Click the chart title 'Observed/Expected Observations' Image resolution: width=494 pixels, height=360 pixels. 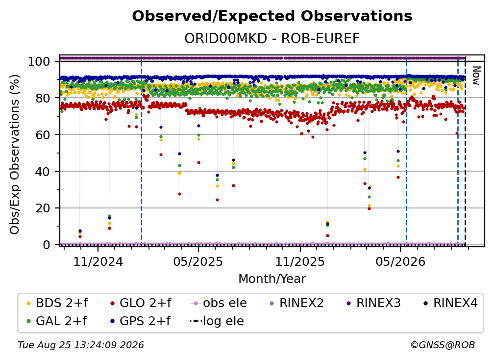[x=272, y=16]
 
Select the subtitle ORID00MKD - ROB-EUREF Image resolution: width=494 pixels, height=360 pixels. [x=272, y=38]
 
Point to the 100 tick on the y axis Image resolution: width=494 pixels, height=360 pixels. [x=39, y=61]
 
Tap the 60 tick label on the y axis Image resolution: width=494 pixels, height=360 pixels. [x=43, y=134]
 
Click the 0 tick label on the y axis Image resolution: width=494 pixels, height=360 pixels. [x=47, y=245]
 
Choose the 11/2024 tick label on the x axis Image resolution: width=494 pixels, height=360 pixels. [x=98, y=261]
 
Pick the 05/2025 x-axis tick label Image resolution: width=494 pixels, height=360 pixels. [x=198, y=261]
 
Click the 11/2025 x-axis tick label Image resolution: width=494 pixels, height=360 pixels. [x=300, y=261]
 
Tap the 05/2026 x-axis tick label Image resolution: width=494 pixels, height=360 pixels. [x=400, y=261]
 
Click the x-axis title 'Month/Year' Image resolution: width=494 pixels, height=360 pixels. [x=272, y=279]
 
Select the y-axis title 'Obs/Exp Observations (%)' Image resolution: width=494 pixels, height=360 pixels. [x=15, y=154]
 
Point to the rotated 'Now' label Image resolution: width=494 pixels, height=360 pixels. [x=476, y=76]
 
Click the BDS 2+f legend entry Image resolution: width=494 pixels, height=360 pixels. [x=57, y=303]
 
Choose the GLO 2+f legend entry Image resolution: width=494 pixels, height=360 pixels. [x=141, y=303]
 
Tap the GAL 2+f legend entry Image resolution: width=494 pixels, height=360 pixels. [x=57, y=321]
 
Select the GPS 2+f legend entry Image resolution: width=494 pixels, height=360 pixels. [x=140, y=321]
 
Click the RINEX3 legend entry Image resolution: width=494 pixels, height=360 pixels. [x=373, y=303]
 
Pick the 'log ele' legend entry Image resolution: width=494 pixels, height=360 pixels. [x=217, y=321]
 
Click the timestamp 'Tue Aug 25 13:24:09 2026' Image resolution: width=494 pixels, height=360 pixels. [x=81, y=345]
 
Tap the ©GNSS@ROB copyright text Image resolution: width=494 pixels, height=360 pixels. [x=443, y=345]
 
